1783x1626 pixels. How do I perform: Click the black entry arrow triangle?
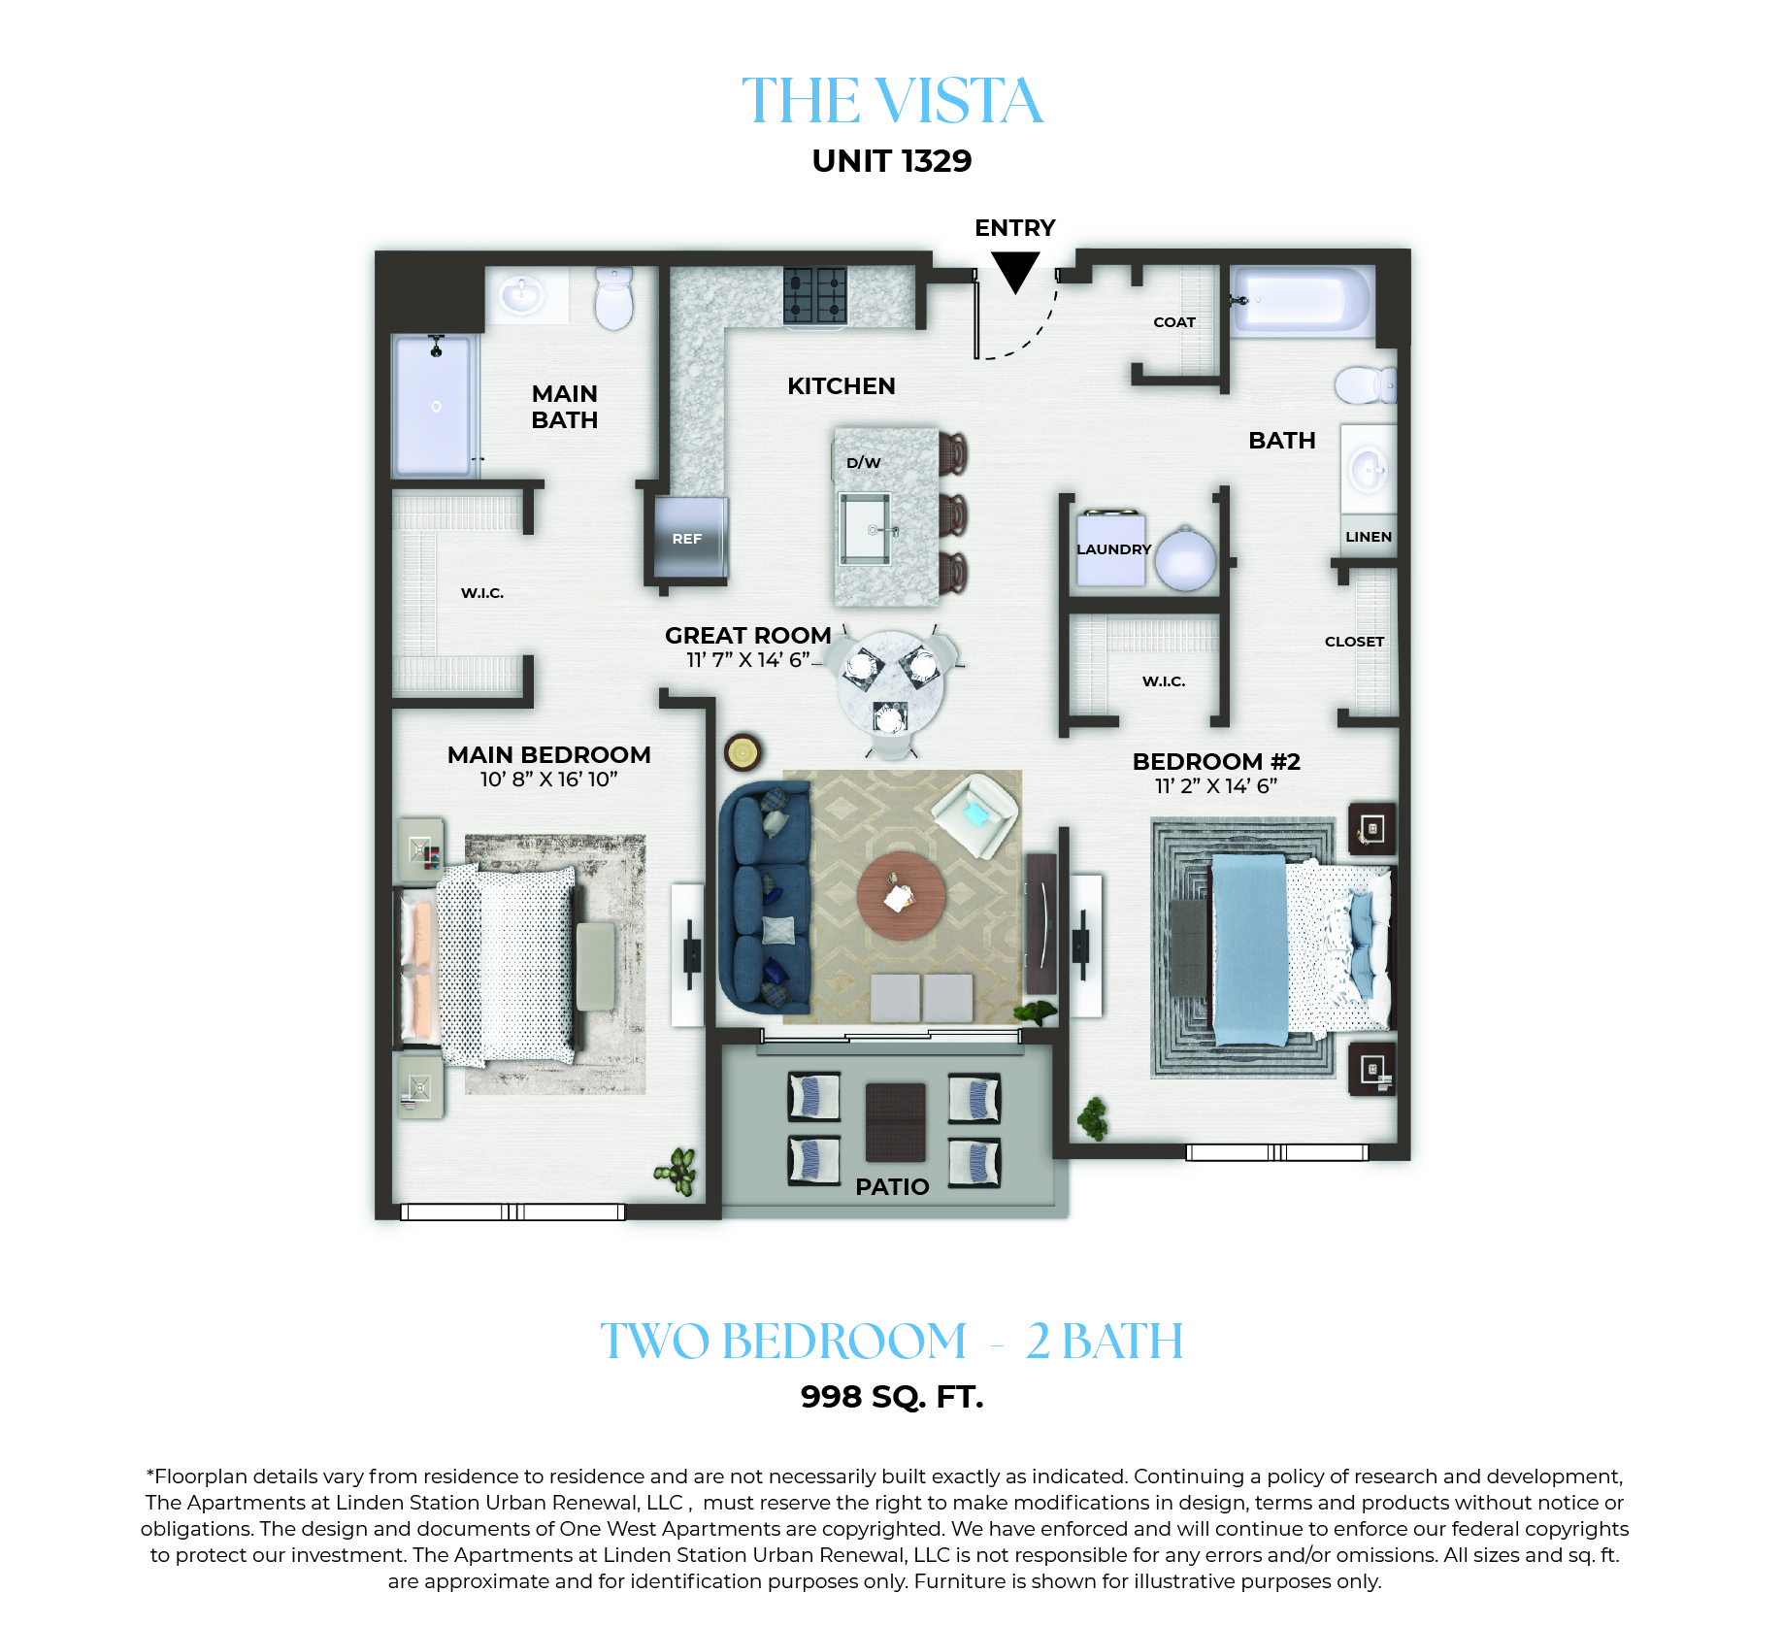pyautogui.click(x=1015, y=271)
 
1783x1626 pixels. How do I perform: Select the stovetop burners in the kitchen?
pyautogui.click(x=815, y=295)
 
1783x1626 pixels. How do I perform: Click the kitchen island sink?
pyautogui.click(x=866, y=527)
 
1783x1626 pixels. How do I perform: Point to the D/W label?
pyautogui.click(x=863, y=463)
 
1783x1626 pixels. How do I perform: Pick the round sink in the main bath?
pyautogui.click(x=522, y=293)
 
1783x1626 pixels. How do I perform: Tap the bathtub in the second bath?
pyautogui.click(x=1302, y=300)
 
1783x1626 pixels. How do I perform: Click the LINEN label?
pyautogui.click(x=1369, y=537)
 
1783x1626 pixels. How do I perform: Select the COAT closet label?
pyautogui.click(x=1174, y=322)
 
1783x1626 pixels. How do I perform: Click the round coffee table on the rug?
pyautogui.click(x=901, y=896)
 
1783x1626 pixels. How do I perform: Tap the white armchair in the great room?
pyautogui.click(x=974, y=814)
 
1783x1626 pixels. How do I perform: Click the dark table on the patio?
pyautogui.click(x=895, y=1122)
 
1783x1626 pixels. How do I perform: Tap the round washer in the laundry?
pyautogui.click(x=1185, y=560)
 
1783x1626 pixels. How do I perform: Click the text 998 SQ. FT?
pyautogui.click(x=892, y=1397)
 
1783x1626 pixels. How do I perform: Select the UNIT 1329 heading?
pyautogui.click(x=892, y=160)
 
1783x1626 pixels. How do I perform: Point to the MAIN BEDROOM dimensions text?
pyautogui.click(x=548, y=780)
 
